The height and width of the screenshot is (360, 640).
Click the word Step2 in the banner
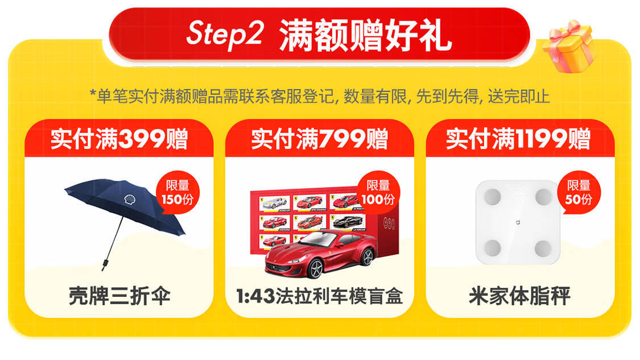point(225,34)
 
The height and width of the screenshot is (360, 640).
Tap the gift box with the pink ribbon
point(569,45)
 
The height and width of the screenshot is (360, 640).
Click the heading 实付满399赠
point(119,139)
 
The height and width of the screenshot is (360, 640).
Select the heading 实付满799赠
point(319,139)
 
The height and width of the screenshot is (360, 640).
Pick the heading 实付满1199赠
point(518,139)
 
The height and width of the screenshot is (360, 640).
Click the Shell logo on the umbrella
point(130,200)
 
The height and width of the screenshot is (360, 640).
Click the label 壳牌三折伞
point(119,296)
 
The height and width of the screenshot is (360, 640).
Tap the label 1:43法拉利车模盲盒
point(319,296)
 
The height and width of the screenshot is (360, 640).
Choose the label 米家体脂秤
point(519,296)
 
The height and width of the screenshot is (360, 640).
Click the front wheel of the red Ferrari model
point(315,268)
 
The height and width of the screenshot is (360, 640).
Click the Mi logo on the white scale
point(518,222)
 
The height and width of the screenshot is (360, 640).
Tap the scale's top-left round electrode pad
point(493,197)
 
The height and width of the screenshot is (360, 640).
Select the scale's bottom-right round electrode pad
point(543,248)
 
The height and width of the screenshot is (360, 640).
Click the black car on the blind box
point(348,222)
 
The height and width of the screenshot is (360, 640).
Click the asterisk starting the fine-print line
point(93,93)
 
